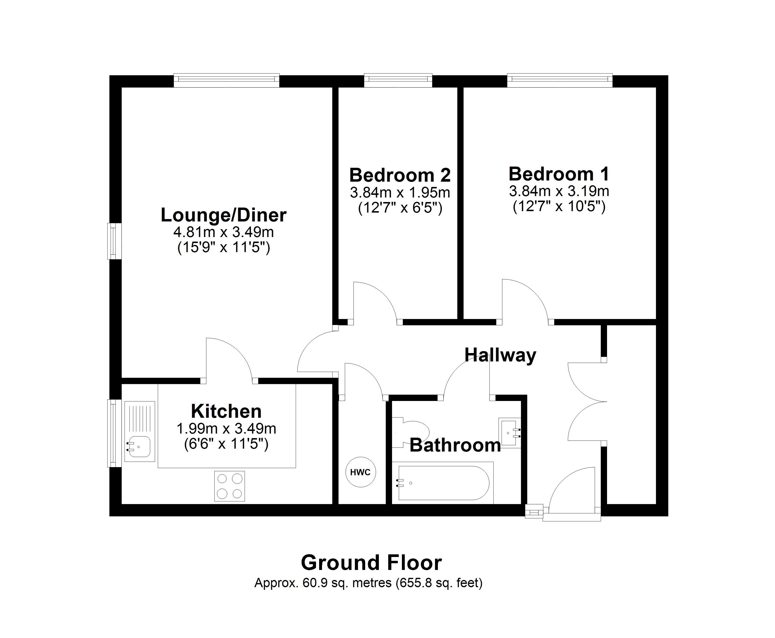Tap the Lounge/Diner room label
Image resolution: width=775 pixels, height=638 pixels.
click(x=223, y=215)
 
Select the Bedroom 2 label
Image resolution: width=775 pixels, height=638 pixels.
click(x=400, y=175)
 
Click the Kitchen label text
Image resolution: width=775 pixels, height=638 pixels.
click(x=226, y=411)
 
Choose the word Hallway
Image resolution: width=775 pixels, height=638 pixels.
click(x=500, y=355)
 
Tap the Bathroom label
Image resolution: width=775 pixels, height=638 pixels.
click(x=455, y=445)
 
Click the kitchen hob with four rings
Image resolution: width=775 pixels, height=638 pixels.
click(x=230, y=486)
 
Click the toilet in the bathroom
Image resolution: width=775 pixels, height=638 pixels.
click(x=414, y=432)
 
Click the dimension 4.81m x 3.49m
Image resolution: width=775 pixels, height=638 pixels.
click(x=223, y=232)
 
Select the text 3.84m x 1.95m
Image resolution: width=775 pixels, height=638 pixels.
click(x=400, y=192)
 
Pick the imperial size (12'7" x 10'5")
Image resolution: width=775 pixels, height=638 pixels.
click(x=559, y=207)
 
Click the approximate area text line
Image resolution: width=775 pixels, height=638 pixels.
click(x=368, y=582)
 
